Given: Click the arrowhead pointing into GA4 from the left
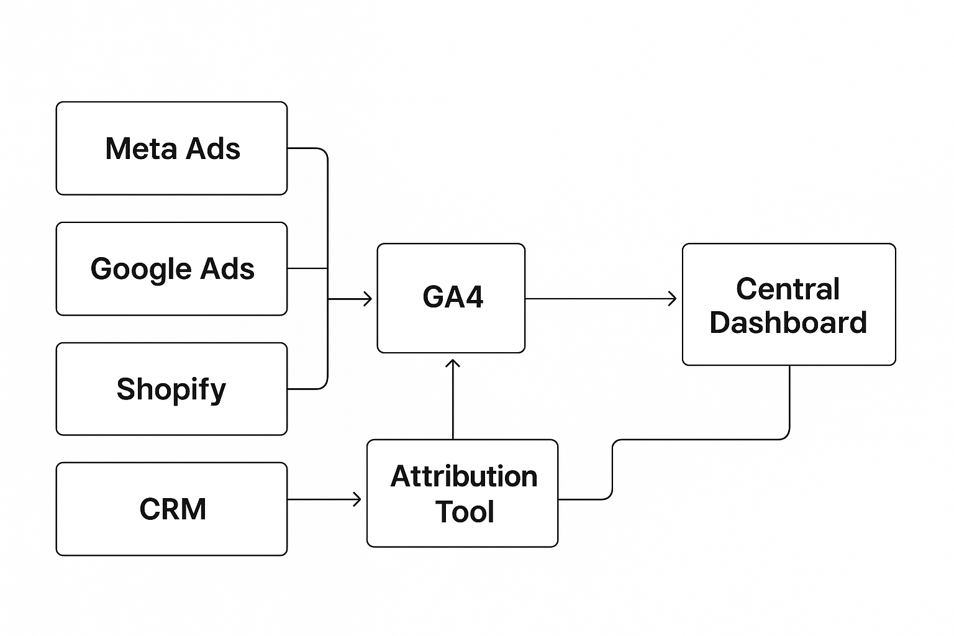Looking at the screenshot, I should (368, 299).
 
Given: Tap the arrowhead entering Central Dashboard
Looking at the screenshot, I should (673, 299).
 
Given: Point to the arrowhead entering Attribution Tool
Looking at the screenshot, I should (357, 499).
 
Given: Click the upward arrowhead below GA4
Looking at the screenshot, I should (453, 363).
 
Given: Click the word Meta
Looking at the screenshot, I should (142, 149).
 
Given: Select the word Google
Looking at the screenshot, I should (133, 270).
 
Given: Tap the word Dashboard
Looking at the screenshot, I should (788, 323).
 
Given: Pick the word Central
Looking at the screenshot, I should (788, 289).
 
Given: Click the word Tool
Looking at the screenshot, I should (465, 512).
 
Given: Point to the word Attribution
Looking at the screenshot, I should (464, 477).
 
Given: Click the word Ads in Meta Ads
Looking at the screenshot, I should (213, 149).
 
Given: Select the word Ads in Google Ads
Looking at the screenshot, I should (227, 269).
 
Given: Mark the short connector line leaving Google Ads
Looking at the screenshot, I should (307, 268).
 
